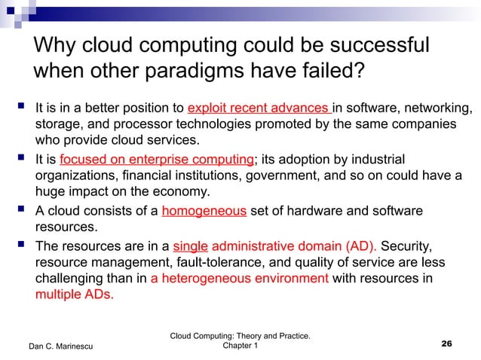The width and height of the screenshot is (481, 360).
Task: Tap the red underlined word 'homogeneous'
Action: [x=204, y=211]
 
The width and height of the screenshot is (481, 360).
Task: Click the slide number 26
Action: [x=446, y=343]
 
